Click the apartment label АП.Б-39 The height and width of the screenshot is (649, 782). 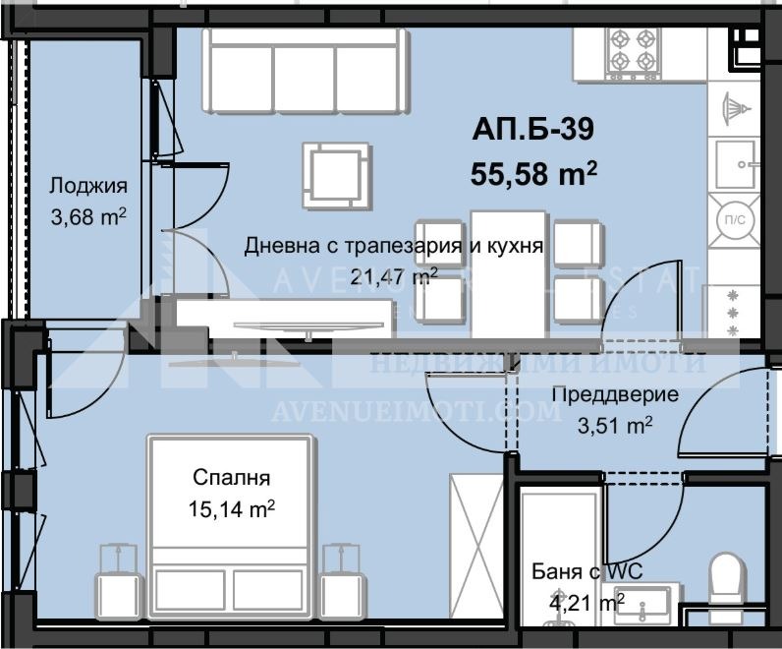[x=533, y=129]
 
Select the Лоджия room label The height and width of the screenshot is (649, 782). [x=88, y=186]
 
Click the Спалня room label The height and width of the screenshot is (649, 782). [x=231, y=479]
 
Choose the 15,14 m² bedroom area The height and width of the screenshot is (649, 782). [x=231, y=508]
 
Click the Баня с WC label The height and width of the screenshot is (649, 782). [x=578, y=571]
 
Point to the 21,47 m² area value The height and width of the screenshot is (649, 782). [x=393, y=276]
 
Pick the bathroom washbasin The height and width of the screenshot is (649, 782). [x=643, y=601]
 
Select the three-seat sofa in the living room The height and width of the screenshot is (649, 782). [x=305, y=69]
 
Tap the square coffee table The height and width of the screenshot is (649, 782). [x=336, y=175]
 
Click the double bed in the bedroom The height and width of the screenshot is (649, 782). [x=231, y=521]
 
